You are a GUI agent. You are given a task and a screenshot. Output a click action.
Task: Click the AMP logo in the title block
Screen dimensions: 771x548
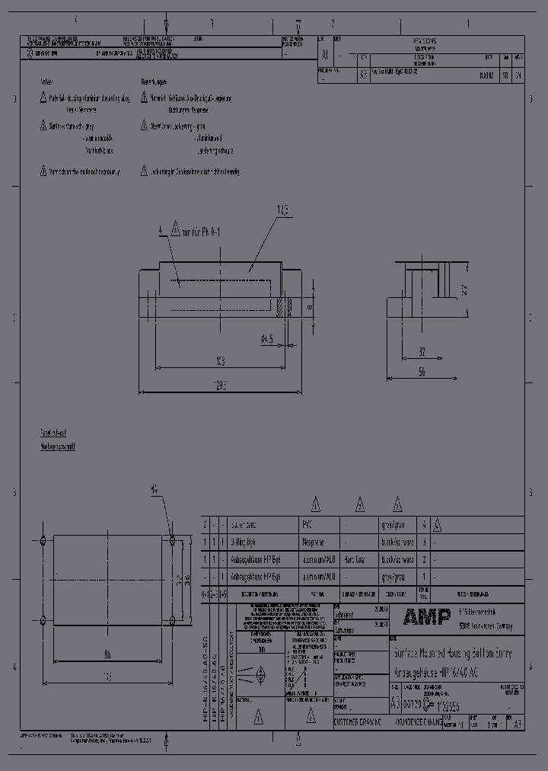coord(426,616)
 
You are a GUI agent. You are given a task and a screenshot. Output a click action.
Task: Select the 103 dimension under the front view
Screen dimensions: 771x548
coord(221,360)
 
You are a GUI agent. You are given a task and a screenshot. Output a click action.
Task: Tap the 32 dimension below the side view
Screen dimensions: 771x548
coord(421,351)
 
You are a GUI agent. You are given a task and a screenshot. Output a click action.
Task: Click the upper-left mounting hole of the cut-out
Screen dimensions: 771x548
coord(43,540)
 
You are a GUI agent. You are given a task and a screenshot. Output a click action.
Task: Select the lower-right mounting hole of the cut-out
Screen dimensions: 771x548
coord(173,619)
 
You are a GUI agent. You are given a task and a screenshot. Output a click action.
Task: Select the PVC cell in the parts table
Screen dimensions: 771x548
coord(308,525)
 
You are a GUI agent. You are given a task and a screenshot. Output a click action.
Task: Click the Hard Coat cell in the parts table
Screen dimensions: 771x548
coord(355,560)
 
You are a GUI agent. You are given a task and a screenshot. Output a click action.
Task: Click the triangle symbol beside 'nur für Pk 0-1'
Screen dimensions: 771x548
coord(174,227)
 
